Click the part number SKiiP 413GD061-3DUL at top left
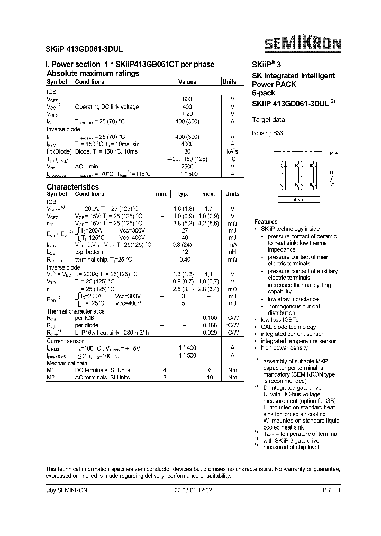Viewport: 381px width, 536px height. click(85, 46)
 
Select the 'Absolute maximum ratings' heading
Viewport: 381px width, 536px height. click(93, 73)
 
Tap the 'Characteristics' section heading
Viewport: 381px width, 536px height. click(72, 187)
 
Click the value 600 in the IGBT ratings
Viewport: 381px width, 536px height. click(187, 99)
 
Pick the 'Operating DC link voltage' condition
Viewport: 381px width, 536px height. click(107, 106)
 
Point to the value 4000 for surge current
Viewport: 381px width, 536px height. click(187, 144)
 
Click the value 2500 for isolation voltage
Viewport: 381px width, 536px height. click(187, 166)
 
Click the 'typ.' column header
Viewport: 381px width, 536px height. click(183, 194)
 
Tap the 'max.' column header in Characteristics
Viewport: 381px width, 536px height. click(208, 194)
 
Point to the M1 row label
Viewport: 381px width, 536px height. click(51, 370)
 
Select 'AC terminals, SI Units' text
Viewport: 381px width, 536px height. click(102, 377)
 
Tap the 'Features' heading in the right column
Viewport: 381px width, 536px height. click(266, 221)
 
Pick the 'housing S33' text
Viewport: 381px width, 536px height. click(268, 133)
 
